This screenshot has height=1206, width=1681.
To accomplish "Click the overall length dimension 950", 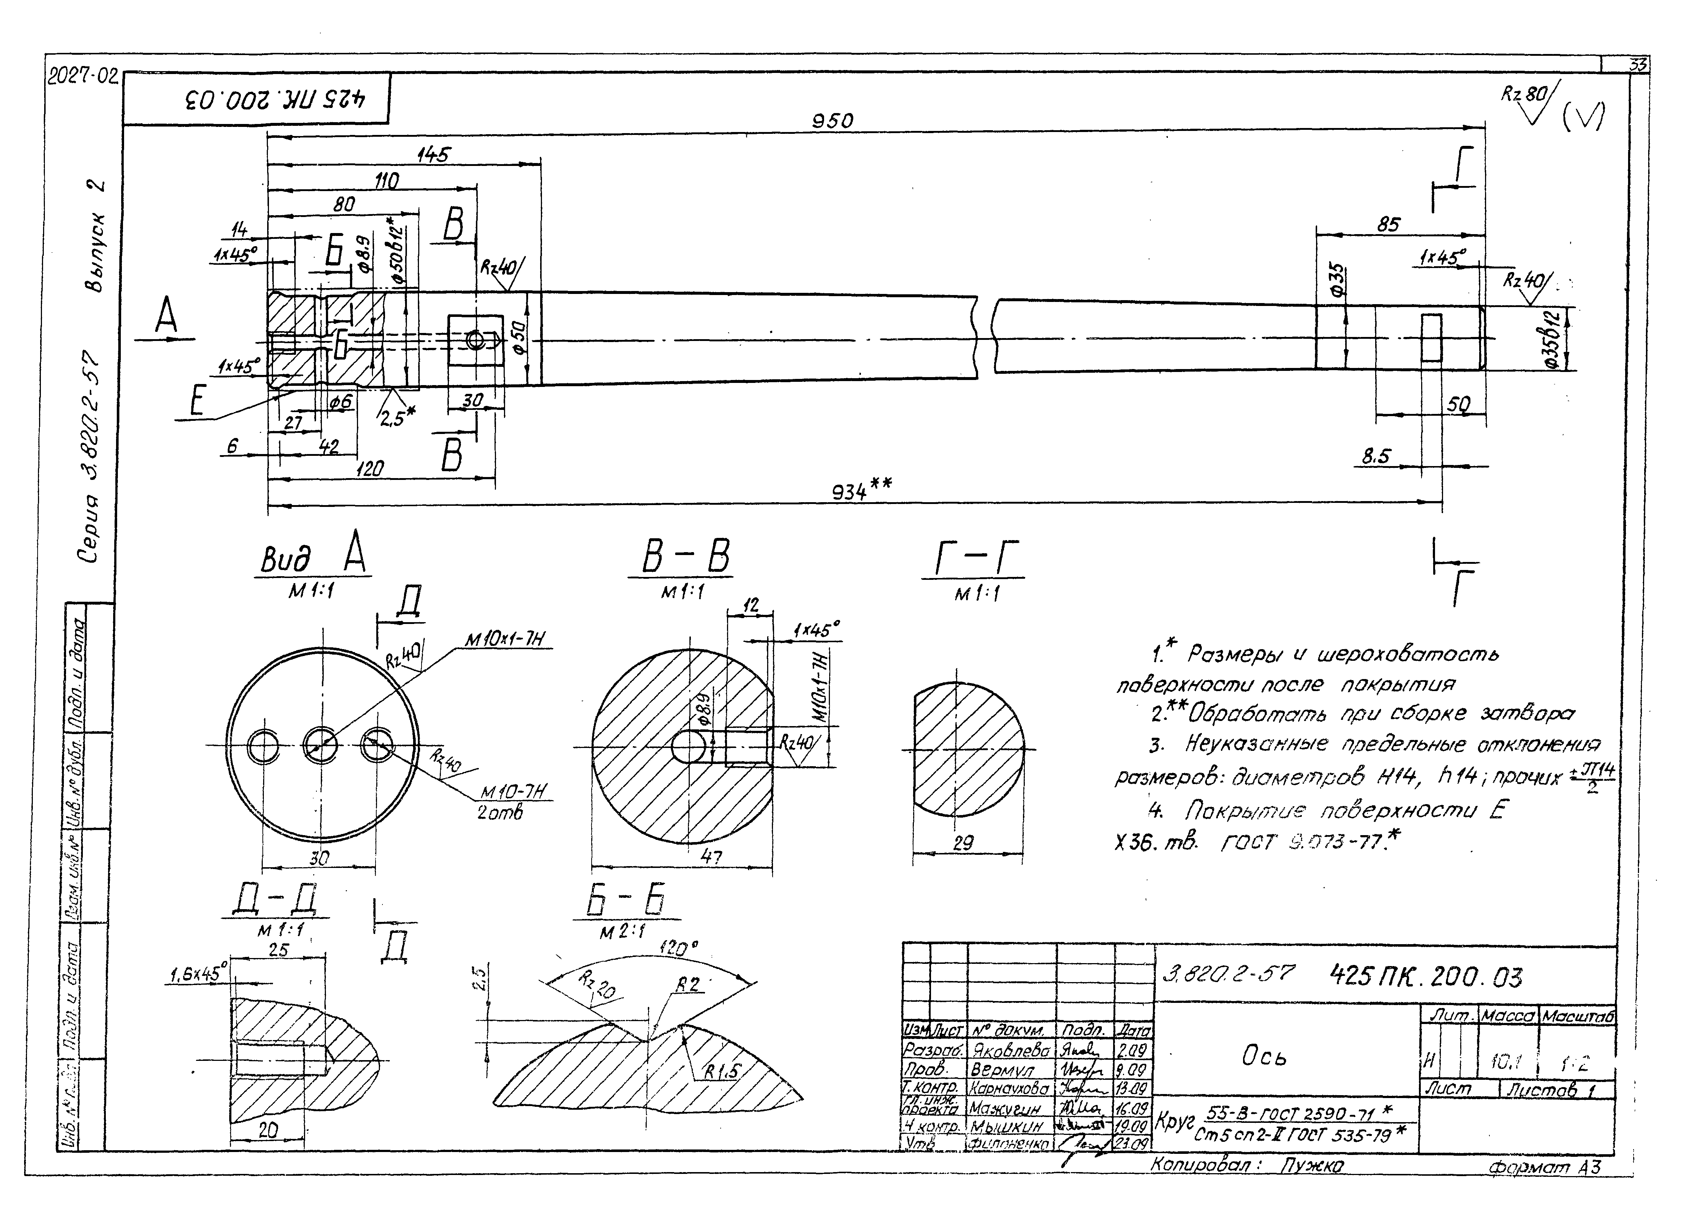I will (832, 121).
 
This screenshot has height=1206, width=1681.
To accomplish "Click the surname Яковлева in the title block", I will (1009, 1050).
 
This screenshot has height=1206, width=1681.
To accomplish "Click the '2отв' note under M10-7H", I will (501, 813).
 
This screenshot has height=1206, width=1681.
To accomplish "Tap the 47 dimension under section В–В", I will (712, 857).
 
